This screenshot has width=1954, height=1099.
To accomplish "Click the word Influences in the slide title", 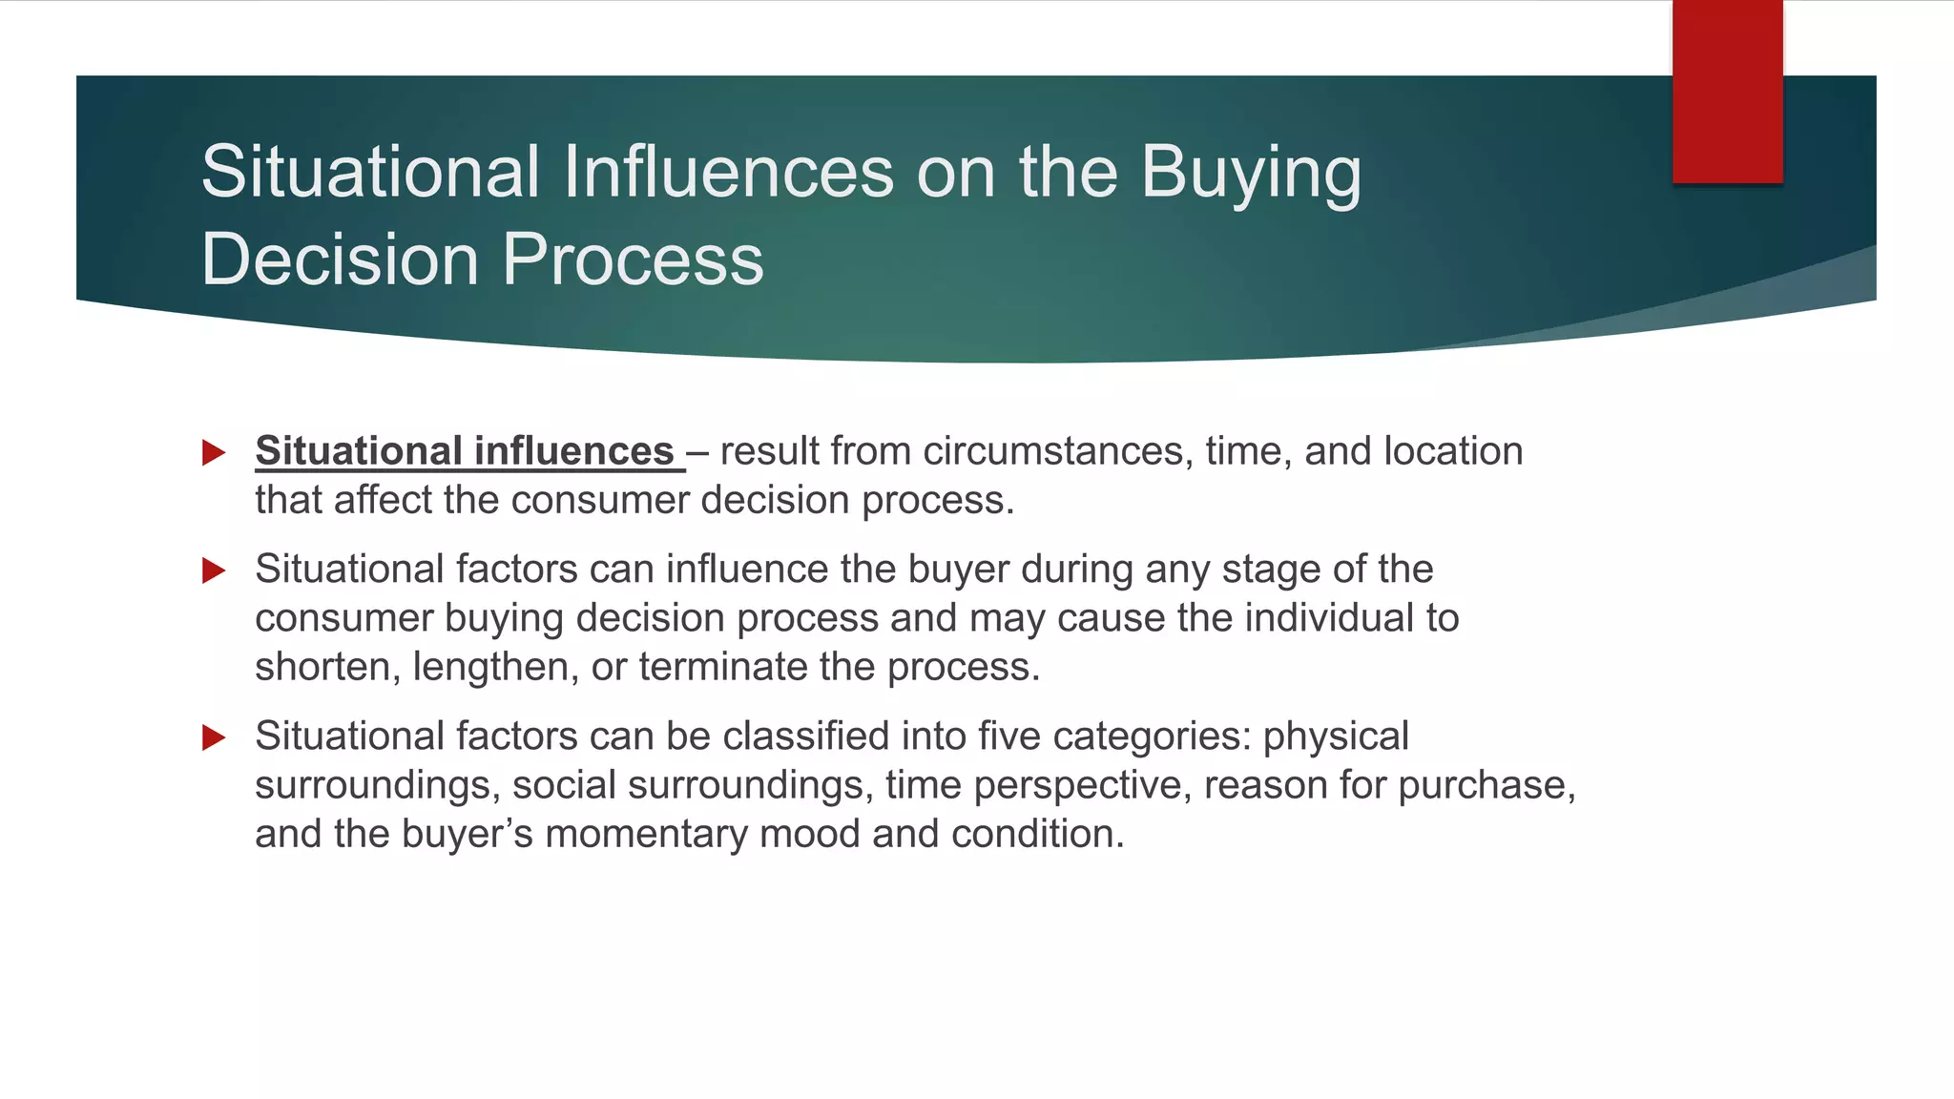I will pos(728,173).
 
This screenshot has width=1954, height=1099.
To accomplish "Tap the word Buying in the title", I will pos(1251,173).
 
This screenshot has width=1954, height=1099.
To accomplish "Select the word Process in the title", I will pos(633,259).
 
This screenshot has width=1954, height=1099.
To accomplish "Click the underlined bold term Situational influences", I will pos(466,451).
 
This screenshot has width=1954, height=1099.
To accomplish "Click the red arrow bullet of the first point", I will pos(214,452).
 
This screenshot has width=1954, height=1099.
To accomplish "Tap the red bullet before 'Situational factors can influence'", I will pos(214,570).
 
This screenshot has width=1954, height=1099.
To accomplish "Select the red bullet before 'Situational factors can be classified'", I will pos(214,737).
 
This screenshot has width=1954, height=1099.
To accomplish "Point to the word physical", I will pos(1336,736).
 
